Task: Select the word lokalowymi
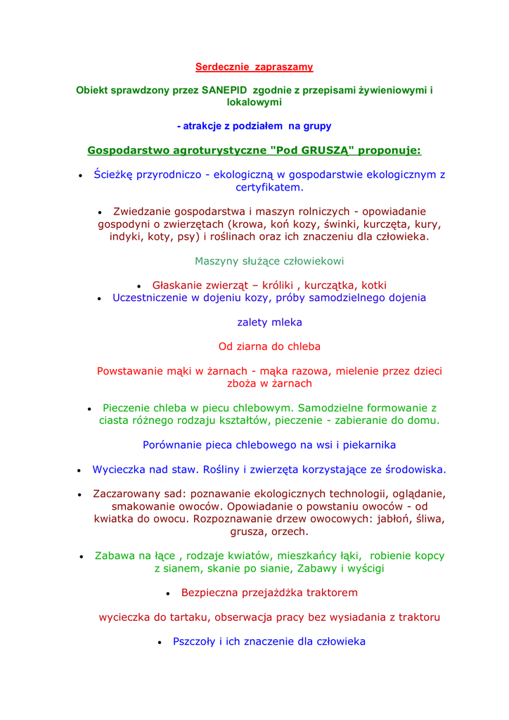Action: coord(254,103)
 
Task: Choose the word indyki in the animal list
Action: coord(126,237)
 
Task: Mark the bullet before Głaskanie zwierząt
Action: coord(139,286)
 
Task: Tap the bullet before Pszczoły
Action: coord(160,643)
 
